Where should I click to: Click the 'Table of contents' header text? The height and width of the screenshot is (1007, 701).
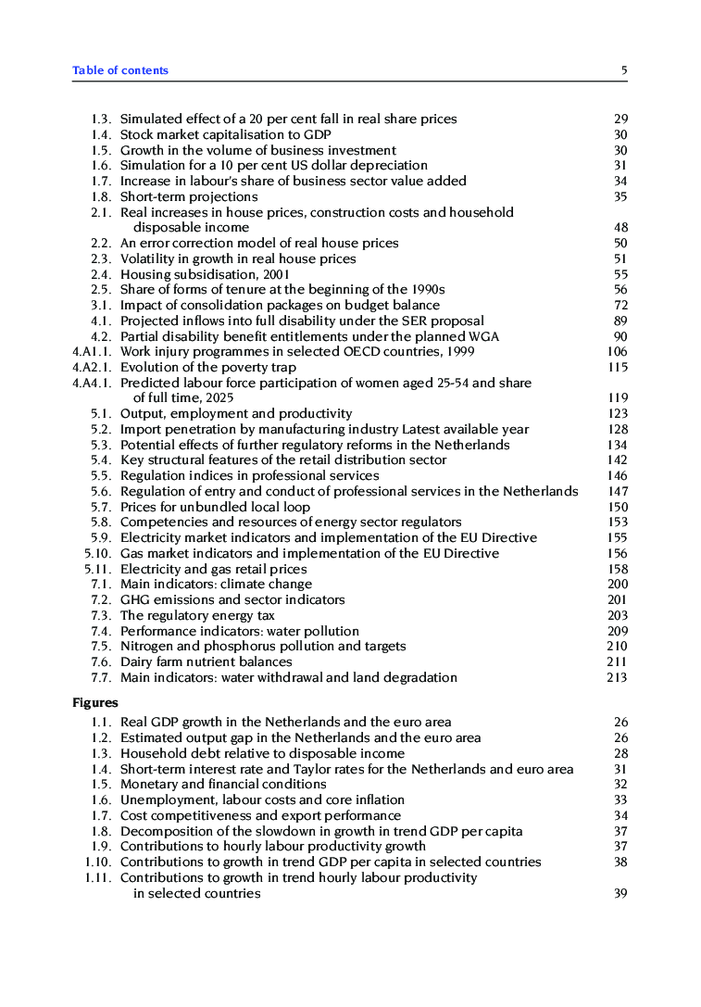(120, 70)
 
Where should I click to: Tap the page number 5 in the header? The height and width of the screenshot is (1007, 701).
(624, 70)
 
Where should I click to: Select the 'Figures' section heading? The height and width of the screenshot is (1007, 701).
(95, 703)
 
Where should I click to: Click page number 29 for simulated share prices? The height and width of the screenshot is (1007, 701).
(620, 119)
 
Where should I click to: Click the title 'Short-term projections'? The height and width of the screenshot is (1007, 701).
(189, 196)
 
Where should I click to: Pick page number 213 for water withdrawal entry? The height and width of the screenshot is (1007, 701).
(617, 677)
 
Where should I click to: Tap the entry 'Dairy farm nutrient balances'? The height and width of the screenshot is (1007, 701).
(206, 661)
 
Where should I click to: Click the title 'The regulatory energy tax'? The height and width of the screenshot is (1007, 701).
(197, 615)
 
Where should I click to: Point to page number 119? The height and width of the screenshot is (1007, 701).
(617, 398)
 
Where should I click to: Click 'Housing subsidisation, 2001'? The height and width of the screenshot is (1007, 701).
(205, 274)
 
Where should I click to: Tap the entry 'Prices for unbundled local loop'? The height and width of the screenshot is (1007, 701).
(215, 507)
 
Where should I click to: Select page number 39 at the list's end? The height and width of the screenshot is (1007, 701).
(620, 893)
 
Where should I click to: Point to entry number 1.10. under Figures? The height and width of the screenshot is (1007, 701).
(98, 862)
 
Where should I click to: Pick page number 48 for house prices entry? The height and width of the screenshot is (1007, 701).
(620, 227)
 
